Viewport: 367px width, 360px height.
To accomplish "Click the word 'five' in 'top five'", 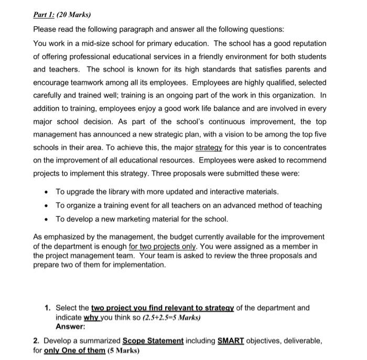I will coord(319,134).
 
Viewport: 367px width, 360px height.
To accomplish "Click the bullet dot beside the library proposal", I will coord(47,192).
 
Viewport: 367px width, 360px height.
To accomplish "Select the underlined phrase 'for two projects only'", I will coord(161,246).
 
